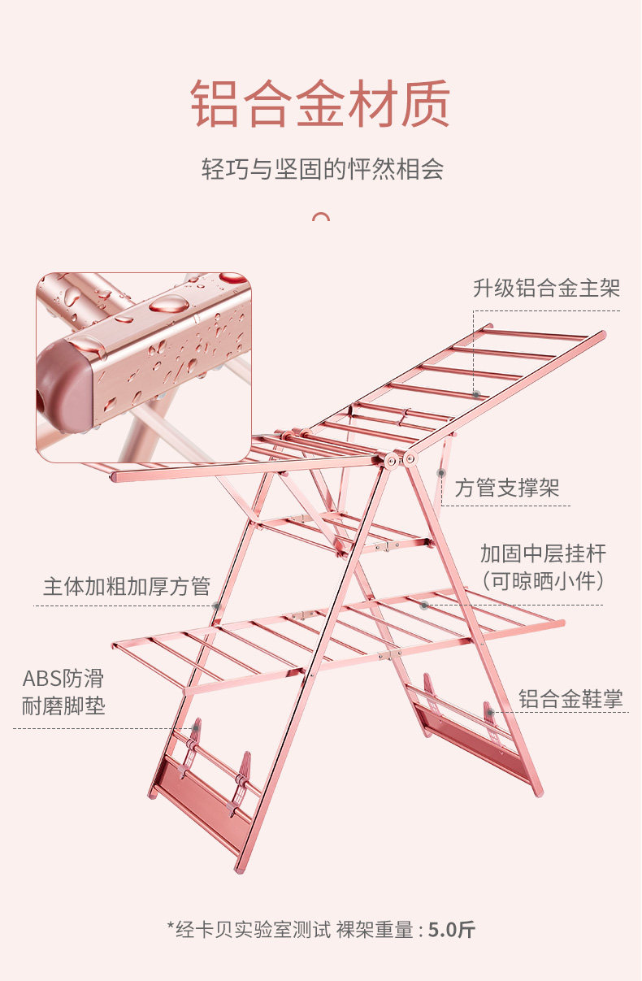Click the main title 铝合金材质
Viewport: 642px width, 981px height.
tap(320, 104)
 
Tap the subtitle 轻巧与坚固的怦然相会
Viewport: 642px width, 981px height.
tap(323, 169)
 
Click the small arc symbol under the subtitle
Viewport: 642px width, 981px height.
tap(321, 216)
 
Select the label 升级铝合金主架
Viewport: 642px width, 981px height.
tap(547, 289)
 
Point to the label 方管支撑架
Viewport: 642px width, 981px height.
tap(506, 488)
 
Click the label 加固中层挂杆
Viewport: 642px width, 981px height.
tap(543, 553)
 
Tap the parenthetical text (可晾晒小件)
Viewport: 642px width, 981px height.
tap(543, 581)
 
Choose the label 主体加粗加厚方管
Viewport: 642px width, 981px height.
tap(127, 587)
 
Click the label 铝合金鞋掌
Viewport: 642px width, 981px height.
tap(570, 698)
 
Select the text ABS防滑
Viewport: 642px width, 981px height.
tap(63, 679)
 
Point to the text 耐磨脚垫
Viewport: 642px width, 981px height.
tap(63, 706)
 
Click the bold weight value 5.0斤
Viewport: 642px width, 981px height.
tap(452, 930)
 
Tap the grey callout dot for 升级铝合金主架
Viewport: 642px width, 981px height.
tap(476, 394)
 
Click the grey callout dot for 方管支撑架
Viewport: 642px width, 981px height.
tap(441, 473)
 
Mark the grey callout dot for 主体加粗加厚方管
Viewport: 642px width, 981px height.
tap(216, 606)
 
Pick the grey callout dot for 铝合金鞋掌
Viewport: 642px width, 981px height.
tap(491, 713)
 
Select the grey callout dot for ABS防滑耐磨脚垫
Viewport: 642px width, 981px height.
tap(195, 728)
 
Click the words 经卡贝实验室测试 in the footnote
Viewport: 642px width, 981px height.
tap(253, 930)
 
